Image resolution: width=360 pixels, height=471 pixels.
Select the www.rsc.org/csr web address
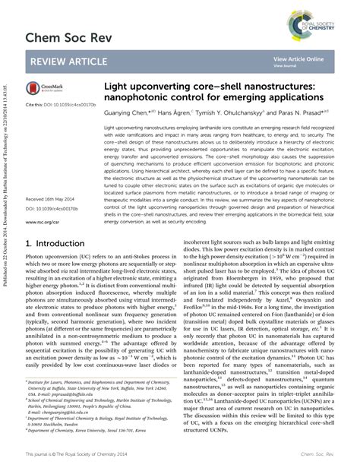tap(44, 223)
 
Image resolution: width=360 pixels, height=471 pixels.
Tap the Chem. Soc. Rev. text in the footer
tap(323, 454)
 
